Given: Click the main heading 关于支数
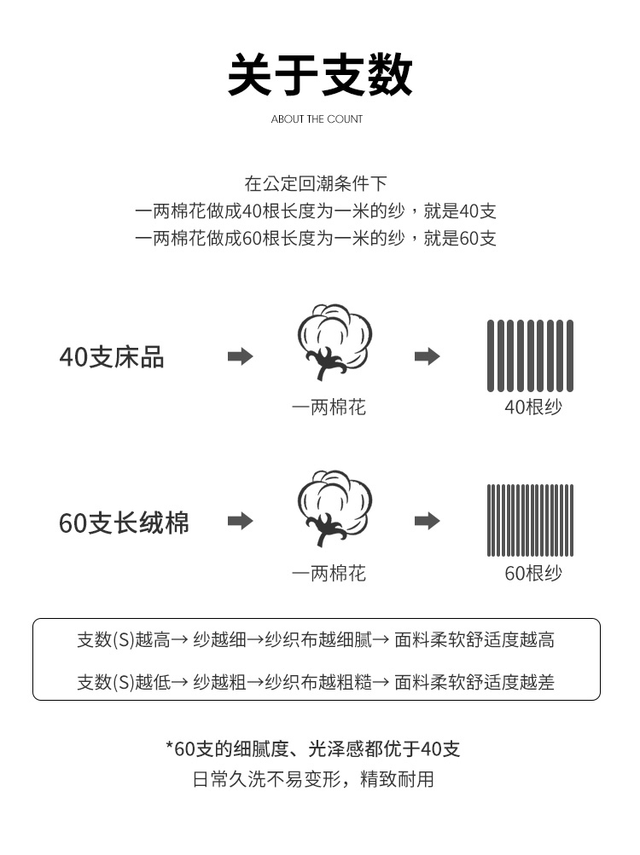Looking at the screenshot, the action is [319, 75].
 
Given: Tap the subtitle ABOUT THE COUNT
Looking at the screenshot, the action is [317, 118].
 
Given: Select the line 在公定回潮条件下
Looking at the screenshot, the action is [316, 184].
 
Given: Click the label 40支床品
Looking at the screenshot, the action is [112, 357].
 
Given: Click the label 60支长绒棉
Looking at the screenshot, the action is [124, 523].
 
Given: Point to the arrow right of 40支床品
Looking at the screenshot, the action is [241, 356].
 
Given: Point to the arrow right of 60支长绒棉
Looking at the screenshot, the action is [241, 521].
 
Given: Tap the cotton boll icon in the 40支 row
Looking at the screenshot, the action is [335, 341].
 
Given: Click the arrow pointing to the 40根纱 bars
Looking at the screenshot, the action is [427, 356].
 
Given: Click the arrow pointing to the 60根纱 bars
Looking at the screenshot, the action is [427, 521].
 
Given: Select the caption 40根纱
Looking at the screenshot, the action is [533, 407].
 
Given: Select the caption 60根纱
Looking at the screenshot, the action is [533, 573].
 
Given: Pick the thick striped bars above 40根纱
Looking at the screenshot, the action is [530, 356].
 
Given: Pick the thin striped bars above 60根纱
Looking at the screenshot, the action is [530, 520].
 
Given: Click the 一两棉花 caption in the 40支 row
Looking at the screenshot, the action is [329, 407].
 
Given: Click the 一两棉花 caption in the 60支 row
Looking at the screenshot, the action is [329, 573].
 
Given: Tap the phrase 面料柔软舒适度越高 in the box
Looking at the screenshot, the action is [474, 639].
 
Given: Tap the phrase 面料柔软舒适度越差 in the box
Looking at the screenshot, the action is [474, 682].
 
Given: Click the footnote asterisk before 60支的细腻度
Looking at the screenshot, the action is [170, 745].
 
